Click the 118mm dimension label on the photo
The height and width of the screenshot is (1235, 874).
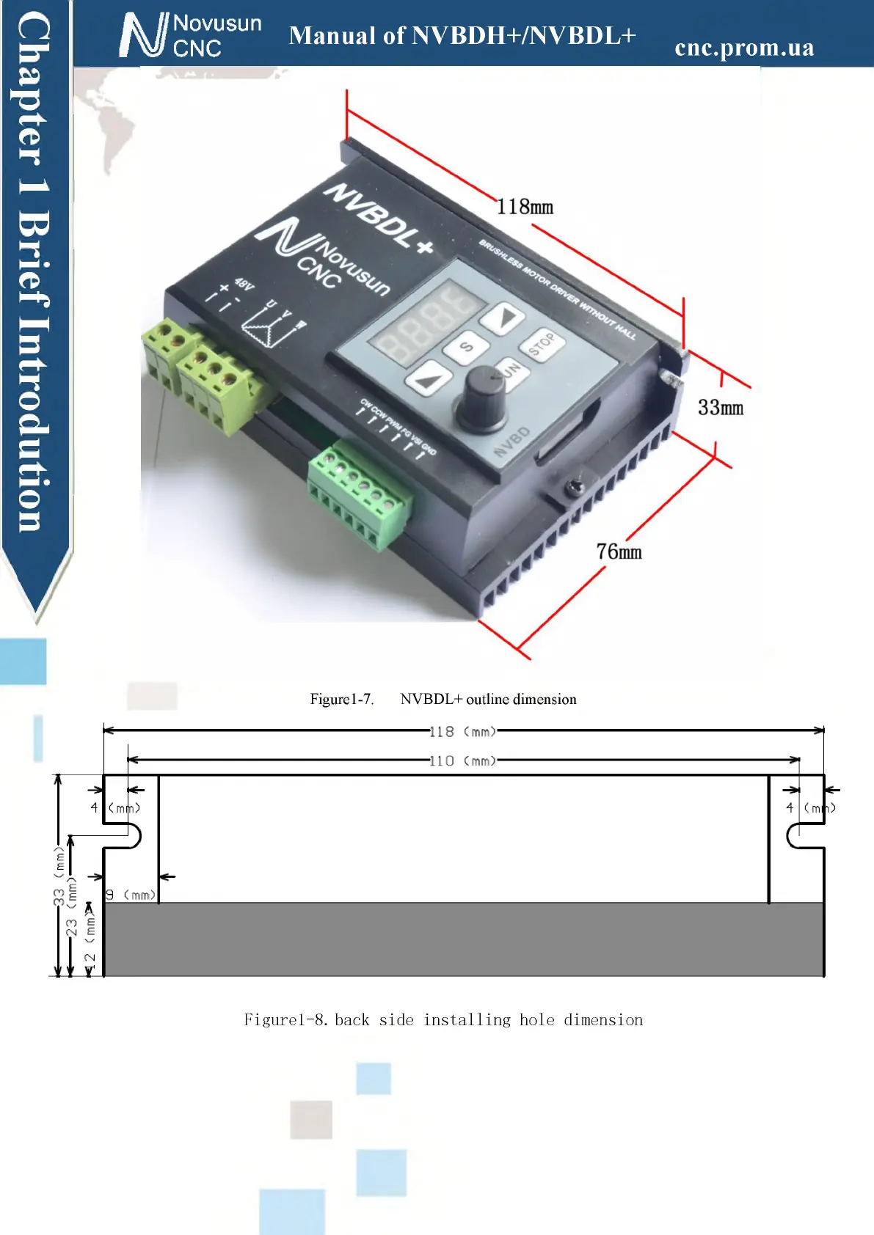click(525, 207)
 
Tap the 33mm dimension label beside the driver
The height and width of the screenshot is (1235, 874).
click(720, 408)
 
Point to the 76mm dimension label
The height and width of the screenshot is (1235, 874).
click(619, 551)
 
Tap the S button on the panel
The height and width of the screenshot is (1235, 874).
click(466, 346)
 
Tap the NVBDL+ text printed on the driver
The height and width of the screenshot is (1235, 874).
click(379, 219)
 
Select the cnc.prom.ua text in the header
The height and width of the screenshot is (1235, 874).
click(744, 48)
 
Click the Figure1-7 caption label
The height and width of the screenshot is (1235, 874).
click(342, 699)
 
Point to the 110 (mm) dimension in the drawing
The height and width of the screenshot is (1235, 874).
click(462, 761)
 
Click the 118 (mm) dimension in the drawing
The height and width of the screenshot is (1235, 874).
click(462, 731)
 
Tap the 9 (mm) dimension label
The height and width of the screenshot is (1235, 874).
click(131, 895)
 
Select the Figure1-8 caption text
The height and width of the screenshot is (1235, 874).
click(443, 1019)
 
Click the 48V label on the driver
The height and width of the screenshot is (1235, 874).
click(244, 284)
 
